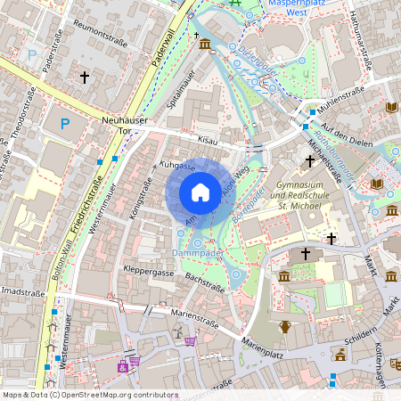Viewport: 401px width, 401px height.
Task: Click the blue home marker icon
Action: point(200,192)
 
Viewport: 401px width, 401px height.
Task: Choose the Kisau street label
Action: point(208,141)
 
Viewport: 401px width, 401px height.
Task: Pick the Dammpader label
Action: point(198,254)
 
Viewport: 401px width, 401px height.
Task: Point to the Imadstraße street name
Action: point(21,291)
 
